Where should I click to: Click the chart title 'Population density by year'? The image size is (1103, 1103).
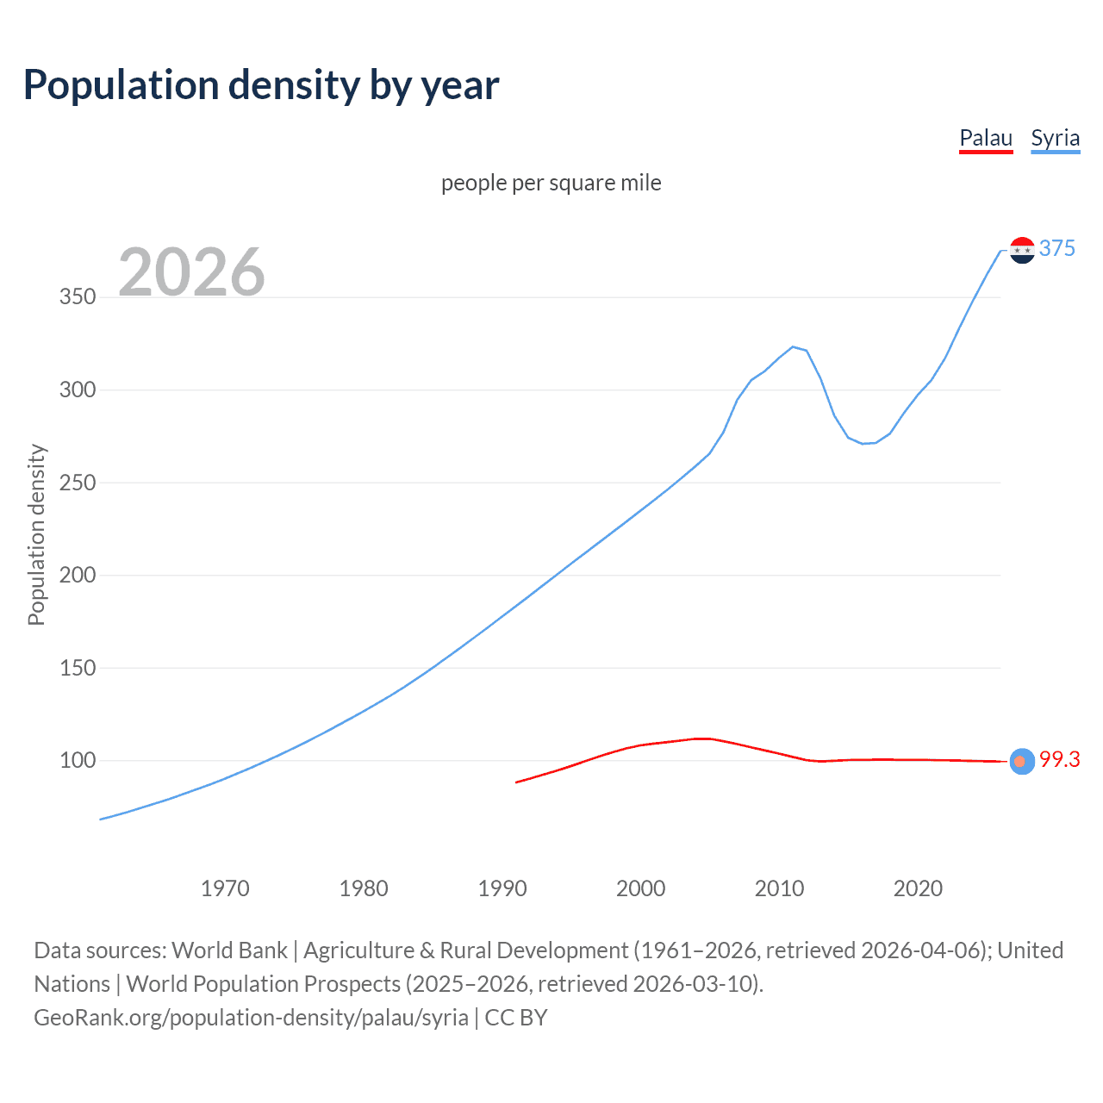click(261, 85)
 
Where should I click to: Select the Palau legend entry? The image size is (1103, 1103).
click(986, 139)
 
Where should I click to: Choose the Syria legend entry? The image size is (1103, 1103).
click(1055, 139)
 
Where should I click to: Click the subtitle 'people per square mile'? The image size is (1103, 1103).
click(551, 183)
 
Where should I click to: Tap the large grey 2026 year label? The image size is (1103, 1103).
click(191, 272)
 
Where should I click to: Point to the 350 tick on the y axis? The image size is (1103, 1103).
click(78, 297)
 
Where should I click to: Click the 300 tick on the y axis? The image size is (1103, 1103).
click(78, 389)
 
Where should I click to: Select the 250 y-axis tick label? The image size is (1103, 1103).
click(78, 483)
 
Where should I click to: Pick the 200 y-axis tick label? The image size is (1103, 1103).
click(78, 575)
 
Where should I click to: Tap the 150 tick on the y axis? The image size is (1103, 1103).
click(78, 668)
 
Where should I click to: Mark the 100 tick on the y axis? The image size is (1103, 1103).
click(78, 760)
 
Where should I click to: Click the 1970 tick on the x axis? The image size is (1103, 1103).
click(225, 888)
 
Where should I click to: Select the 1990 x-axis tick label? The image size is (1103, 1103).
click(502, 888)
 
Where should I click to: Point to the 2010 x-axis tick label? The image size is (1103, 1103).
click(779, 888)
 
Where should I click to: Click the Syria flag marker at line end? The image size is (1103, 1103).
click(1022, 250)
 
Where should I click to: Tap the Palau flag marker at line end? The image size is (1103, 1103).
click(1021, 761)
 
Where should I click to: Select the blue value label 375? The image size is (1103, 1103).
click(1057, 248)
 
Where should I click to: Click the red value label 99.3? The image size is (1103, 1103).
click(1059, 759)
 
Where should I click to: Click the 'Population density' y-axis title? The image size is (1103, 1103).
click(36, 534)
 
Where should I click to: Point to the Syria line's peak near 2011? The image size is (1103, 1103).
click(793, 346)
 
